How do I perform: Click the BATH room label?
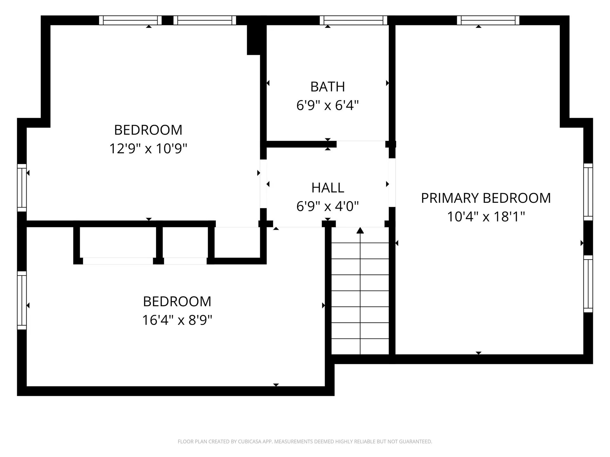click(328, 87)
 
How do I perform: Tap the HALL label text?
click(328, 188)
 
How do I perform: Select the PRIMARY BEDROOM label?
click(486, 198)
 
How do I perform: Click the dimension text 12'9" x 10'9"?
click(148, 149)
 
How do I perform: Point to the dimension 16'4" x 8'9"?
click(177, 320)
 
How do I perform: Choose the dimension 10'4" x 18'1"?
click(486, 217)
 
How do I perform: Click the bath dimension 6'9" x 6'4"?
click(328, 105)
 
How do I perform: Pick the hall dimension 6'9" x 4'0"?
click(328, 207)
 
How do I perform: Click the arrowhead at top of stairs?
click(360, 231)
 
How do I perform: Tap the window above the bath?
click(353, 20)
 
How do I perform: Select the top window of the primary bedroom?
click(488, 20)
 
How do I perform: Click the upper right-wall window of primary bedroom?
click(588, 192)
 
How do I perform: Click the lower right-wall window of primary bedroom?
click(588, 284)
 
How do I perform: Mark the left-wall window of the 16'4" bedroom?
click(22, 300)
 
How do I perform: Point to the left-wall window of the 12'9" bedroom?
click(22, 188)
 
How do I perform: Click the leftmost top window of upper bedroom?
click(130, 20)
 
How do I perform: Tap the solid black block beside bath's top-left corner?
click(254, 40)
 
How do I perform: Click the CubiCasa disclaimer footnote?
click(305, 441)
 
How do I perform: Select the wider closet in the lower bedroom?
click(118, 243)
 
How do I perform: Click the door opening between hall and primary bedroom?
click(392, 182)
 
